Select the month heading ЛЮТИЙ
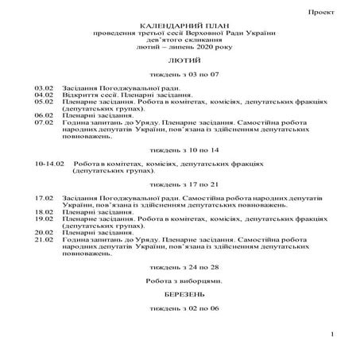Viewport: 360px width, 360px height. tap(180, 60)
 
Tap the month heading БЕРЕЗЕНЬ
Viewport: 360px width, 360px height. tap(180, 293)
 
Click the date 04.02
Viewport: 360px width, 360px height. tap(44, 94)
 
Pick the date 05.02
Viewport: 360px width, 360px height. tap(44, 102)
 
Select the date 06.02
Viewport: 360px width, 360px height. tap(44, 115)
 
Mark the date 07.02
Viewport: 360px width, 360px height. tap(44, 123)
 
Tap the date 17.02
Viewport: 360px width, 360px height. tap(44, 196)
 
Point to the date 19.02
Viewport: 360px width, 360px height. tap(44, 219)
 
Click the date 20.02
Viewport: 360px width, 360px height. tap(44, 232)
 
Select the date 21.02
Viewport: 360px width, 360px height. tap(44, 239)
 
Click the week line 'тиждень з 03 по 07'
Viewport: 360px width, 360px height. tap(180, 73)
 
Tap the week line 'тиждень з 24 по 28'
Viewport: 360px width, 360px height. tap(180, 267)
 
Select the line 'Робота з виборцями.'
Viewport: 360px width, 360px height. tap(180, 281)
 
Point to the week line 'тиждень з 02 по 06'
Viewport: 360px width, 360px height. tap(180, 307)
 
